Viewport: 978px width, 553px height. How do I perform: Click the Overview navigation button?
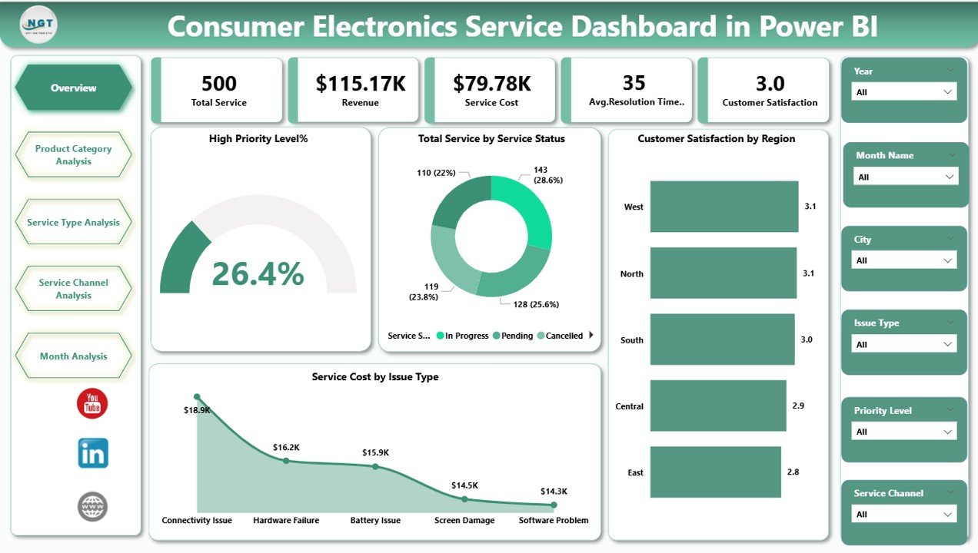pyautogui.click(x=74, y=88)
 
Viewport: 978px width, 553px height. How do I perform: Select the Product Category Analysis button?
pyautogui.click(x=74, y=155)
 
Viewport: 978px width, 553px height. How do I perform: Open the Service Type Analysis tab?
pyautogui.click(x=74, y=223)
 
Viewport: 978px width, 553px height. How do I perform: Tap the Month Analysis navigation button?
pyautogui.click(x=74, y=356)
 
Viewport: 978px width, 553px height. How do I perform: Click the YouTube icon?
pyautogui.click(x=92, y=403)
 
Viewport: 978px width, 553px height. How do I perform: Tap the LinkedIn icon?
pyautogui.click(x=93, y=454)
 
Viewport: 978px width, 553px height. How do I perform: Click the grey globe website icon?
pyautogui.click(x=92, y=507)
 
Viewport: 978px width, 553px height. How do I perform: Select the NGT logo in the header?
pyautogui.click(x=38, y=25)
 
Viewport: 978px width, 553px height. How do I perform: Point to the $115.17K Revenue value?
pyautogui.click(x=361, y=84)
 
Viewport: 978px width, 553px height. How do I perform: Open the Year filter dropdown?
pyautogui.click(x=904, y=92)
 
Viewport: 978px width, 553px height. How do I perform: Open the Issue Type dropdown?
pyautogui.click(x=904, y=345)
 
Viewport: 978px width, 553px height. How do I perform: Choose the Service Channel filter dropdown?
pyautogui.click(x=904, y=515)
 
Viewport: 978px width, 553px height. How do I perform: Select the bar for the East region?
pyautogui.click(x=715, y=472)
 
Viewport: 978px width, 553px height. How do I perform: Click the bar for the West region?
pyautogui.click(x=724, y=207)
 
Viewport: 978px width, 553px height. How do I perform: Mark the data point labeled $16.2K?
pyautogui.click(x=286, y=461)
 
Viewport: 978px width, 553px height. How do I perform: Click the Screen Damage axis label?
pyautogui.click(x=464, y=521)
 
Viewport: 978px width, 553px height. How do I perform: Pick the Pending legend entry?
pyautogui.click(x=513, y=336)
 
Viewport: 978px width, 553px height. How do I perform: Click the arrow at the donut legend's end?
pyautogui.click(x=591, y=336)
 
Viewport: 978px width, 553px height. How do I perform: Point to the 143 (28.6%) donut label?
pyautogui.click(x=547, y=174)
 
